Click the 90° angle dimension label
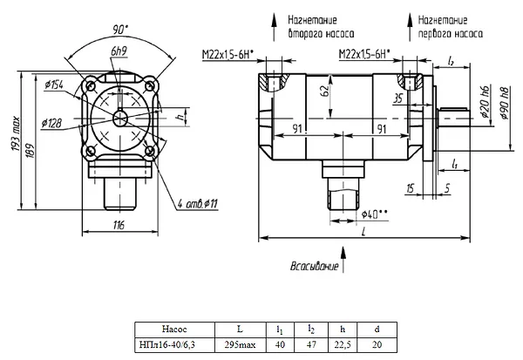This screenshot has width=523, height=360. tap(120, 30)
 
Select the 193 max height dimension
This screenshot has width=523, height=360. tap(17, 133)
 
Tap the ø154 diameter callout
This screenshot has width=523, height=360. tap(54, 85)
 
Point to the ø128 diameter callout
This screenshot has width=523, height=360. tap(51, 123)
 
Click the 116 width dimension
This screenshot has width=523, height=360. tap(119, 225)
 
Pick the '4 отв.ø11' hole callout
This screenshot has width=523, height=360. tap(198, 203)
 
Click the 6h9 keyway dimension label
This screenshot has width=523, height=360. tap(119, 51)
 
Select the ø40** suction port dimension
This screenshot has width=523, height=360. tap(375, 214)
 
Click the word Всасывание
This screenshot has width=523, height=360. tap(314, 266)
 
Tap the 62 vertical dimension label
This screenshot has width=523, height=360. tap(325, 91)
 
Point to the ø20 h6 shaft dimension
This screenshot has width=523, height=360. tap(486, 102)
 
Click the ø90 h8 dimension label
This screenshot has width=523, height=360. tap(505, 103)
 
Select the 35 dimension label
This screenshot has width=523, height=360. tap(398, 98)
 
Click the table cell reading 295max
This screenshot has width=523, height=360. tap(241, 344)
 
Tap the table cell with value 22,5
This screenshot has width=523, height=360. tap(343, 344)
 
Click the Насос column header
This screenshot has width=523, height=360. tap(174, 329)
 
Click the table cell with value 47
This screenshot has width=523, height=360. tap(311, 344)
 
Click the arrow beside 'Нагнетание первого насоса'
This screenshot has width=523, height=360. tap(410, 28)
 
